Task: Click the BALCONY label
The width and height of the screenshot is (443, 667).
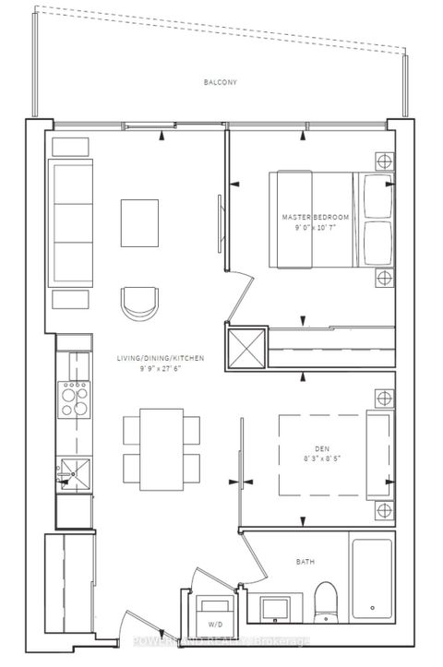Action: (221, 82)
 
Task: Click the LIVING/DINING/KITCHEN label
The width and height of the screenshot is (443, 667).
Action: (161, 357)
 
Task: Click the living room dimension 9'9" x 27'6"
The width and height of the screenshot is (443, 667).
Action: (161, 367)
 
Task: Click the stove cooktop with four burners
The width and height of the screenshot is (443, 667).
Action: (76, 399)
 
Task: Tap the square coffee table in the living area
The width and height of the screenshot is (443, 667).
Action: (139, 221)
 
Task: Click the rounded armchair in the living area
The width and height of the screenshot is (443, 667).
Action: (138, 302)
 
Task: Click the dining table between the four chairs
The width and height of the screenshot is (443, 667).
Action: (162, 449)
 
